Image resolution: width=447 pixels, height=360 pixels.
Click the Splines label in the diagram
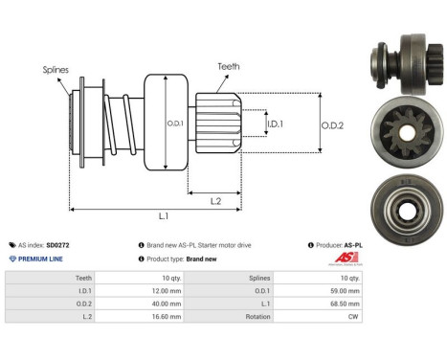(56, 70)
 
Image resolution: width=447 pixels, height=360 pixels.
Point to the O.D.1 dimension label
(174, 123)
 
